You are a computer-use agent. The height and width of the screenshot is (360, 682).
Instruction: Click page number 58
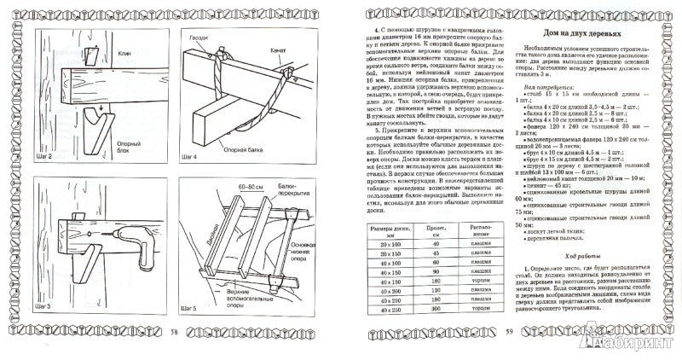(x=174, y=331)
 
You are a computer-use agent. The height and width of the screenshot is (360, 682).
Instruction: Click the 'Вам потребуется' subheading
(x=554, y=111)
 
